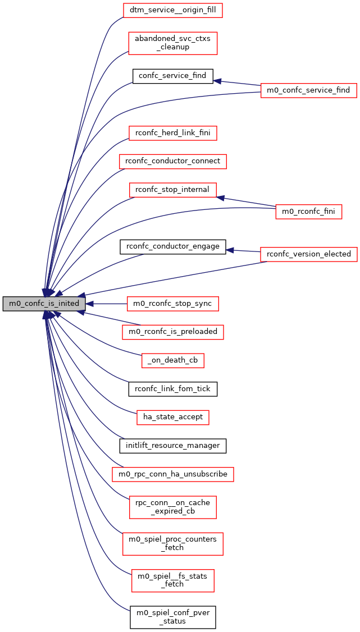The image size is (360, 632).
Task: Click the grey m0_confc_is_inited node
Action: [44, 304]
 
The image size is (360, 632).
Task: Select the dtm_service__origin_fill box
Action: [172, 10]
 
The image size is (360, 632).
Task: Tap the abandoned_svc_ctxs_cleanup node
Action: [172, 43]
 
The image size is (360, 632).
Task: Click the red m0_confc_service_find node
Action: [308, 90]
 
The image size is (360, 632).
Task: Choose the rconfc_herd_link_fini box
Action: [172, 133]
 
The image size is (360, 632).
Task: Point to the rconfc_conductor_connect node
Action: [172, 161]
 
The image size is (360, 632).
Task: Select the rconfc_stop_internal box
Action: [172, 190]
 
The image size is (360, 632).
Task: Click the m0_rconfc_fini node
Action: [308, 212]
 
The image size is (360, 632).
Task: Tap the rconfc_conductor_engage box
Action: [172, 246]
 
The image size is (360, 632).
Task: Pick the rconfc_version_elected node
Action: [308, 254]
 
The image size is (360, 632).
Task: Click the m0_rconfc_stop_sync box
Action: [172, 304]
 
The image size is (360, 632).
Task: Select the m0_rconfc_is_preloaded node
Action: [172, 332]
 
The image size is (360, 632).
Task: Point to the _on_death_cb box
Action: [172, 360]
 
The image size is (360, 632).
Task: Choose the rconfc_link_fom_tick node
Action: [172, 388]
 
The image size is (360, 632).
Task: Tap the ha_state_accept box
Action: [172, 417]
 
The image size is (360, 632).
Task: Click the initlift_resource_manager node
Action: [172, 446]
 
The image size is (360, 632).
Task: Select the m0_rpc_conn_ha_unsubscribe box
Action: [172, 474]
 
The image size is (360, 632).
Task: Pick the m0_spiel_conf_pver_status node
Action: [172, 617]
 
